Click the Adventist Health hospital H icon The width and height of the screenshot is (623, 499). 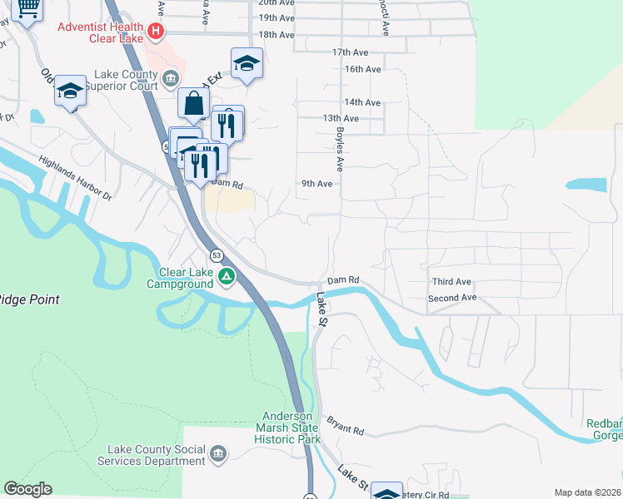pyautogui.click(x=154, y=32)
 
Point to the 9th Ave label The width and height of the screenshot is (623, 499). pyautogui.click(x=316, y=183)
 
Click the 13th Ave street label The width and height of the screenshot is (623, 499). pyautogui.click(x=341, y=119)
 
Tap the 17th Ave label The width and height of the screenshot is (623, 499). pyautogui.click(x=350, y=52)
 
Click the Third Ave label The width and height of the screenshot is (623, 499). pyautogui.click(x=451, y=282)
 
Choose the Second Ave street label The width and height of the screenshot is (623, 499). pyautogui.click(x=452, y=297)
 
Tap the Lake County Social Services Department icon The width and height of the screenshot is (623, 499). pyautogui.click(x=218, y=453)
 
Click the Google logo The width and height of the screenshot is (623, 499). pyautogui.click(x=27, y=489)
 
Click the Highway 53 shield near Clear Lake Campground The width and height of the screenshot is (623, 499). pyautogui.click(x=217, y=254)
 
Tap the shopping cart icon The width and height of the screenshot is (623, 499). pyautogui.click(x=27, y=10)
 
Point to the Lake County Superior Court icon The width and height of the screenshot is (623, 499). pyautogui.click(x=171, y=79)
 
